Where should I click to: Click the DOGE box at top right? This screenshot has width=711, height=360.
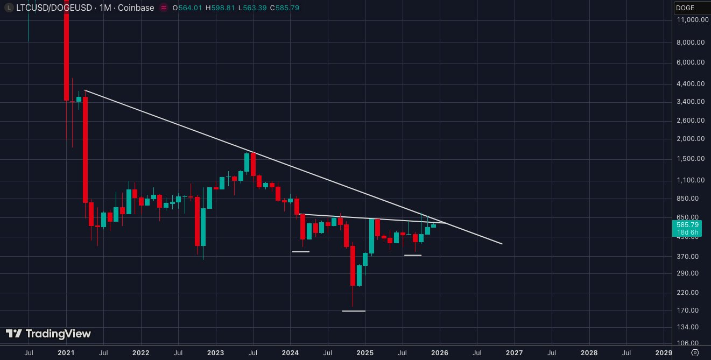tap(692, 8)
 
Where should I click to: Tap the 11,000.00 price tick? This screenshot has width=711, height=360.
tap(691, 19)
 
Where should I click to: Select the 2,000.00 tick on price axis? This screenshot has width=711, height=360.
tap(691, 139)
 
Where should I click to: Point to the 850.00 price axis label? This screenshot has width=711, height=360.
tap(691, 198)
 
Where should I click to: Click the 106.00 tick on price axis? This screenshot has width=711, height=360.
tap(691, 343)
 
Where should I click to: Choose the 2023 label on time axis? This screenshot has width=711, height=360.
tap(215, 353)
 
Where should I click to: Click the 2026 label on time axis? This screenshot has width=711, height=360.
tap(440, 353)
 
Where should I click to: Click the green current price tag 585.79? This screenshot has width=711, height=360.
tap(687, 225)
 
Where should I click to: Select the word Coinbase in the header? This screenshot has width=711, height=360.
tap(137, 8)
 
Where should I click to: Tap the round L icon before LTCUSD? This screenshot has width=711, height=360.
tap(8, 8)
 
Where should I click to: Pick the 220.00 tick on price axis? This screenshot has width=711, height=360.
tap(691, 292)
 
